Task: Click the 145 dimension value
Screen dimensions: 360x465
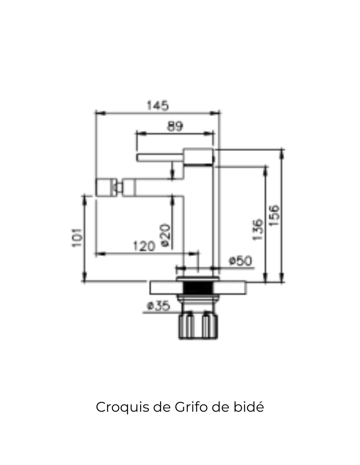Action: coord(158,106)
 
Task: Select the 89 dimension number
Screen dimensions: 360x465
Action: coord(175,126)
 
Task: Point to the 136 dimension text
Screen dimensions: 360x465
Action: coord(258,230)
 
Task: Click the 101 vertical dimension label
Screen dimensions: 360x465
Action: coord(77,238)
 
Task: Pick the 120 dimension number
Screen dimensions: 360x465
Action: coord(144,246)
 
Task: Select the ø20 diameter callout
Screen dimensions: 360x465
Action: coord(166,235)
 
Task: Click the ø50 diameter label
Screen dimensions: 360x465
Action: coord(240,261)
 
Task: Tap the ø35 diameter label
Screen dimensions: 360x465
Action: coord(158,306)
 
